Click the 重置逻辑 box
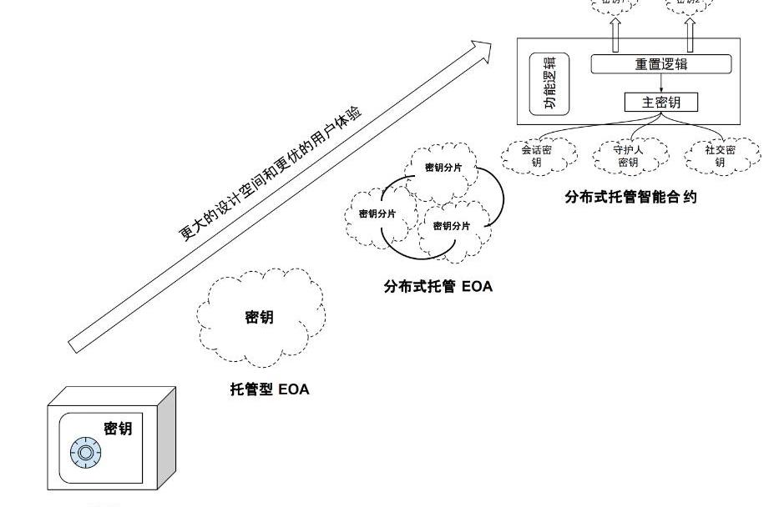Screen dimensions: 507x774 (660, 64)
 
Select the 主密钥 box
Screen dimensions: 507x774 (660, 102)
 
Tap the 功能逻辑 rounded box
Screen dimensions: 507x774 (549, 84)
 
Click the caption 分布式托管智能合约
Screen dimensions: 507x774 (630, 198)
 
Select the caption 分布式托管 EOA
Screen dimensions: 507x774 (438, 287)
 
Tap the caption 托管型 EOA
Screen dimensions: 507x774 (270, 389)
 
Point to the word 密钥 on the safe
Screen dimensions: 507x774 (118, 429)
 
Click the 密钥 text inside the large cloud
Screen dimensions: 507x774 (259, 317)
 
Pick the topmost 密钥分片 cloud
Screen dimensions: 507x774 (443, 168)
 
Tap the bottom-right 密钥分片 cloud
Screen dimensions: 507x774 (452, 226)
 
